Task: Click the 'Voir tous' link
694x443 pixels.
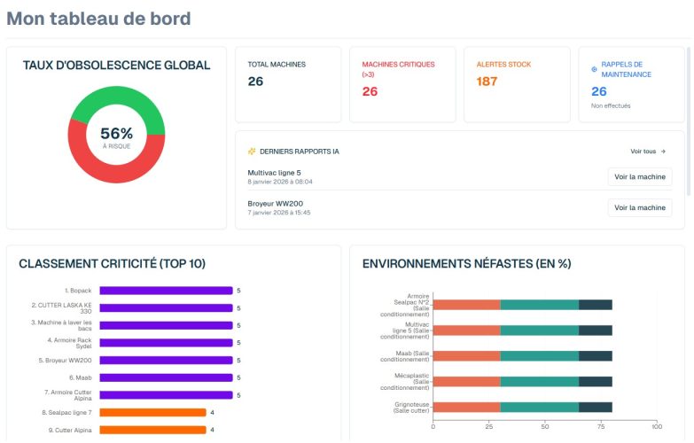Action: (647, 152)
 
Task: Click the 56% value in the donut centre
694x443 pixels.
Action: (116, 133)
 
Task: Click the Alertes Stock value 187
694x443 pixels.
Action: (487, 82)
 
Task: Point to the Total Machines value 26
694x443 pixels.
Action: (255, 82)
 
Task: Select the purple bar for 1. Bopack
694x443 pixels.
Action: (166, 291)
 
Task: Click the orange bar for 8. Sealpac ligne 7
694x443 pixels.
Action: (152, 412)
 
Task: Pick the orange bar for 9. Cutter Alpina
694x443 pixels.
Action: (152, 430)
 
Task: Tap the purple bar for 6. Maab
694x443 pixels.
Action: (166, 377)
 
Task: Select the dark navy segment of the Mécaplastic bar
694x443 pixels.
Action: (595, 382)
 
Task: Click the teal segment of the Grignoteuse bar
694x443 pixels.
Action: (539, 408)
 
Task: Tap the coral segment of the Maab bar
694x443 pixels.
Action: (466, 356)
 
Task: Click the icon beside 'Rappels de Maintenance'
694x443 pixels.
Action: (594, 69)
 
